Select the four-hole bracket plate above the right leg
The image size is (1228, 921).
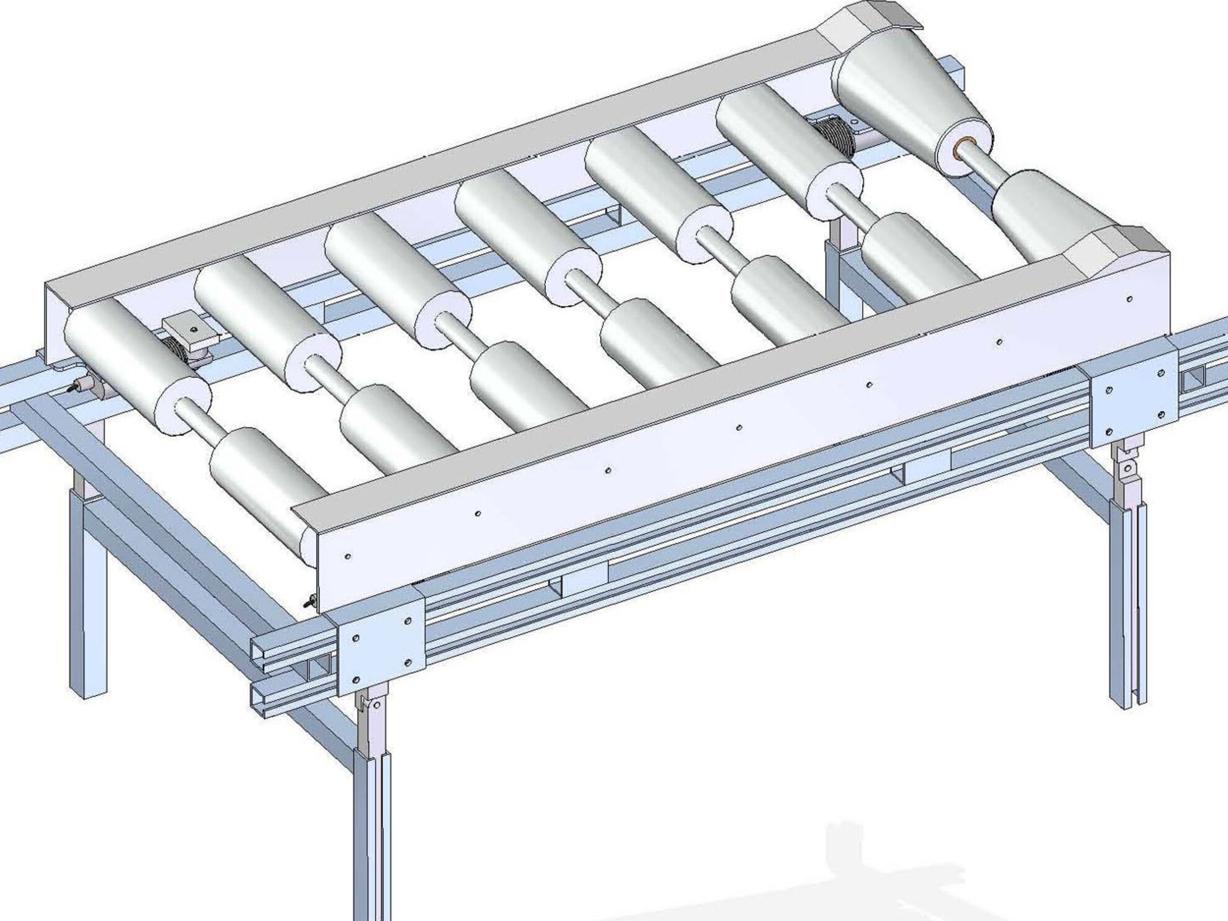(x=1134, y=398)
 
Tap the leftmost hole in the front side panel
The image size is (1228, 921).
(x=347, y=556)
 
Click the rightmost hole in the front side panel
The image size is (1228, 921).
(x=1129, y=299)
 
